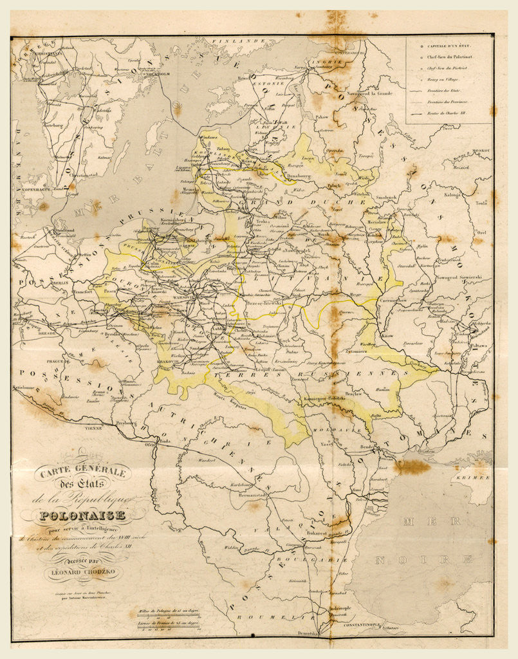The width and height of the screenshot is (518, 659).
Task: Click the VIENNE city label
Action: point(95,427)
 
